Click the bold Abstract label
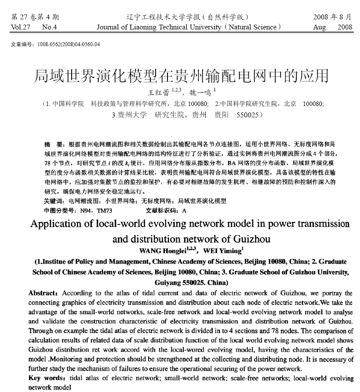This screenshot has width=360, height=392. click(44, 293)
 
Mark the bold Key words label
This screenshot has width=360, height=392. click(46, 378)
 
